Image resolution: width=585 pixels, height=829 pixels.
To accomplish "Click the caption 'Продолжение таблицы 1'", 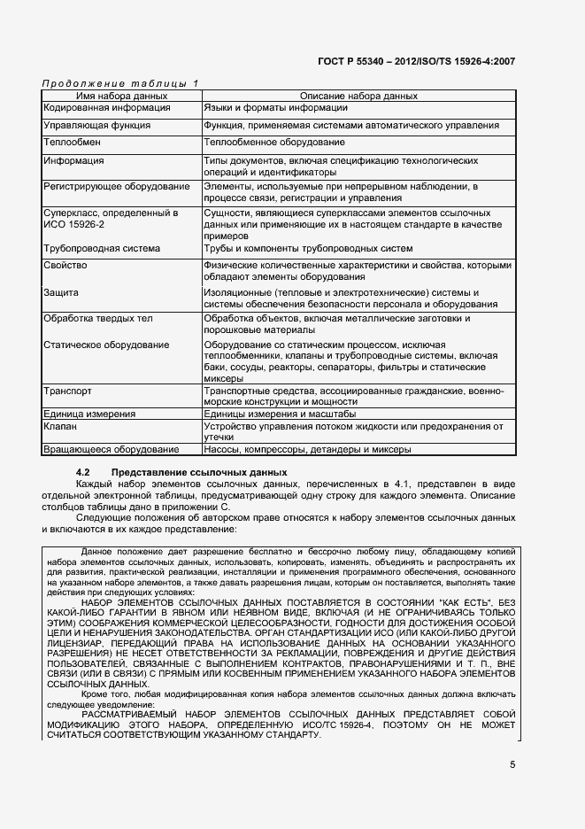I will [120, 82].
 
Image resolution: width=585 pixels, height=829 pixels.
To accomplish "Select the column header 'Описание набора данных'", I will [358, 95].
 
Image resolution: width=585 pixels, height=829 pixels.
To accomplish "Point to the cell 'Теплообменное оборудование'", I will [273, 143].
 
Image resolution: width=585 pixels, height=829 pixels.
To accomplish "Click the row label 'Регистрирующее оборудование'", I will [116, 187].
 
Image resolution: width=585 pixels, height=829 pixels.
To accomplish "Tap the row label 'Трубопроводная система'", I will [102, 248].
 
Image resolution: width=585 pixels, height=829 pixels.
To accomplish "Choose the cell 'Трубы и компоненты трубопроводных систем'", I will [308, 248].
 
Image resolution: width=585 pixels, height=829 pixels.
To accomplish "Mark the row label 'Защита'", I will [61, 292].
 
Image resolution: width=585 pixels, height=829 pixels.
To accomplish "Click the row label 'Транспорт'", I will [67, 390].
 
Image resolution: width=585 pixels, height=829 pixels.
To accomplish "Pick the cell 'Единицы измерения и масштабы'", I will [280, 414].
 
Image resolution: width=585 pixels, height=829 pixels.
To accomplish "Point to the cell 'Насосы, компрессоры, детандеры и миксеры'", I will [307, 450].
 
